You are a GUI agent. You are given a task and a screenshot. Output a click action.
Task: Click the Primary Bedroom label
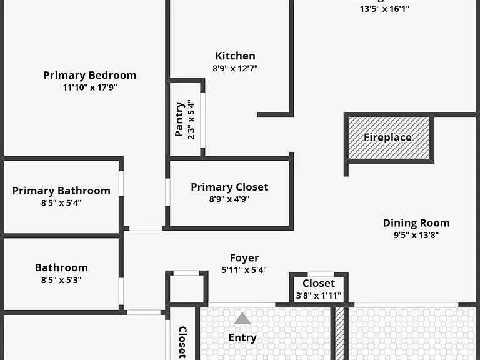coord(90,75)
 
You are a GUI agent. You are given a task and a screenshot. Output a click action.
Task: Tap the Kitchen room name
coord(235,56)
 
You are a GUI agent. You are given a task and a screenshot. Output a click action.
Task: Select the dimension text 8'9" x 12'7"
coord(235,68)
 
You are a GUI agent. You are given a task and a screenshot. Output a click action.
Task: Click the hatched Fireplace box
coord(389,137)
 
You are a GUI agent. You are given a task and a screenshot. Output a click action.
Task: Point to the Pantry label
coord(179,119)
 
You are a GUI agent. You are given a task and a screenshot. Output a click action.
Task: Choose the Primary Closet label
coord(229,187)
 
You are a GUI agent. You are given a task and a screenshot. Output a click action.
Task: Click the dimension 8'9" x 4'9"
coord(229,199)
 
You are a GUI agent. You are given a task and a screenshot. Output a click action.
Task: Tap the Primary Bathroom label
coord(61,191)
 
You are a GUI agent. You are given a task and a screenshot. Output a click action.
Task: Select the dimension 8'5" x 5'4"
coord(61,203)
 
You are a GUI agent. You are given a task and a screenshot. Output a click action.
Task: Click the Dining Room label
coord(416,223)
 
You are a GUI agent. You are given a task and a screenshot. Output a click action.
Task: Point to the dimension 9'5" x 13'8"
coord(416,235)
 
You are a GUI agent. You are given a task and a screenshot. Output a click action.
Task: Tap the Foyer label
coord(244,258)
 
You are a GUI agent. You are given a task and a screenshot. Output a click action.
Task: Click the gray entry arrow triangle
coord(242,319)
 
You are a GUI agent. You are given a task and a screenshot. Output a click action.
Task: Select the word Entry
coord(242,337)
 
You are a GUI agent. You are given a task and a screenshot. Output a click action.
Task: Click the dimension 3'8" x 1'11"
coord(318,296)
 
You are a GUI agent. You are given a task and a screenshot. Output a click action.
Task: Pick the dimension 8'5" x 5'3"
coord(61,280)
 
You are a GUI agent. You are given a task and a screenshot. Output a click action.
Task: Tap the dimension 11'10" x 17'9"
coord(90,87)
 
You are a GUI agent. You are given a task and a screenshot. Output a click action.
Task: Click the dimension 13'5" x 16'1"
coord(384,9)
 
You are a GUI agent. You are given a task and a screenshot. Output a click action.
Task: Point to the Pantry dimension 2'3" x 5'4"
coord(191,119)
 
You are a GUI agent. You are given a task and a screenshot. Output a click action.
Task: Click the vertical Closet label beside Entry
coord(182,342)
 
